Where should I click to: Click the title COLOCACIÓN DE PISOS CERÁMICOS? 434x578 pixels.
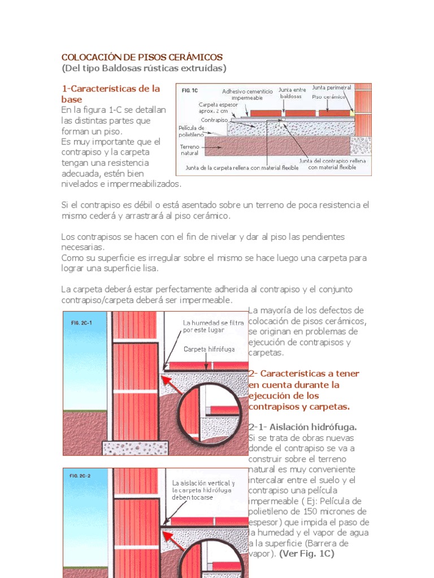(142, 58)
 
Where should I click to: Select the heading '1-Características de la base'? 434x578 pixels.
(110, 94)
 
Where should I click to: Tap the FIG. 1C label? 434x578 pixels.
(189, 90)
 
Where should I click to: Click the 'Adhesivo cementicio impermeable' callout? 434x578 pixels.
(247, 94)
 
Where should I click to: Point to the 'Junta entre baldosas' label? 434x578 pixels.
(292, 93)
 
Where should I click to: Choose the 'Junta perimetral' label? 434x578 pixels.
(331, 88)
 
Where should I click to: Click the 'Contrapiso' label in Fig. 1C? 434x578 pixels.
(214, 120)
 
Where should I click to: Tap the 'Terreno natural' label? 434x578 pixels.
(189, 150)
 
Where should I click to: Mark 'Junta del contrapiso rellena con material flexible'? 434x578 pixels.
(332, 164)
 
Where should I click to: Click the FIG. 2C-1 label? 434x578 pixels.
(81, 323)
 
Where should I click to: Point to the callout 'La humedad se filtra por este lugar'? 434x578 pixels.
(213, 326)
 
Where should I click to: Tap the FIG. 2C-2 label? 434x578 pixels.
(80, 476)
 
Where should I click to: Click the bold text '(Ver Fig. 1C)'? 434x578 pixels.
(306, 554)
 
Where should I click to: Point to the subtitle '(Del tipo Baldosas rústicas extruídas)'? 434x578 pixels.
(144, 68)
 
